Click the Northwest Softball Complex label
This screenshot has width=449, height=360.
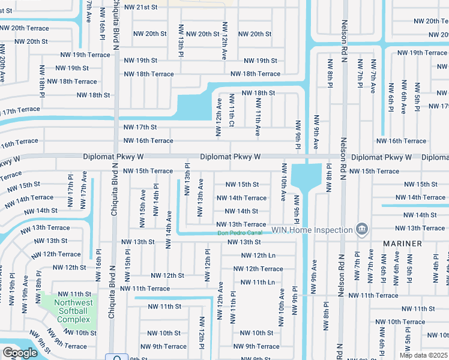coord(73,311)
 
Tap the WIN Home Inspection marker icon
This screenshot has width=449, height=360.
coord(361,229)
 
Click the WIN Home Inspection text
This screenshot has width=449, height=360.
coord(312,230)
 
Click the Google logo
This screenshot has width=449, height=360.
coord(20,353)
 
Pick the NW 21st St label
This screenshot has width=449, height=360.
coord(140,7)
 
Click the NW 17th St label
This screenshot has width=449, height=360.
coord(140,127)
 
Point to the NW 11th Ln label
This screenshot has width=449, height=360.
coord(258,282)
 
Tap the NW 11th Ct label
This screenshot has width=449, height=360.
coord(232,110)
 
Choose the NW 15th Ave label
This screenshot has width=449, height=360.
coord(143,204)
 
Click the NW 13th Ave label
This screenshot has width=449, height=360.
coord(200,201)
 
